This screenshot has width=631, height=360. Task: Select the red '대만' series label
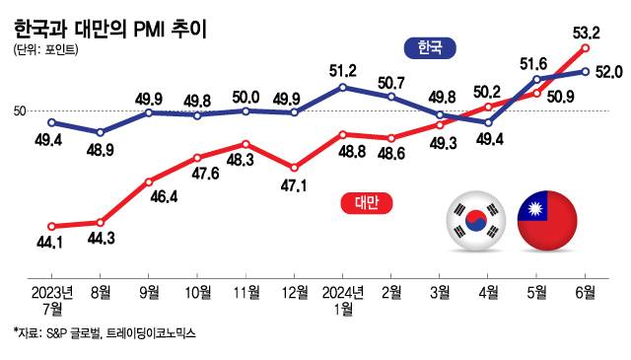[x=367, y=203]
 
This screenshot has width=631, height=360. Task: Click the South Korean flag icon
[x=475, y=220]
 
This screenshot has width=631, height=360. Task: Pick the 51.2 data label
[x=342, y=70]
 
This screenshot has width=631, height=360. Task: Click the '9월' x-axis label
[x=149, y=292]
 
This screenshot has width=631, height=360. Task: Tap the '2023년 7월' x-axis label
[x=52, y=300]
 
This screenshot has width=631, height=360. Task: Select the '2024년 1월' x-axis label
[x=342, y=300]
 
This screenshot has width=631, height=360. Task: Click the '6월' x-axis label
[x=586, y=292]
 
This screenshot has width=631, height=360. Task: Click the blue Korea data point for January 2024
[x=342, y=87]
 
